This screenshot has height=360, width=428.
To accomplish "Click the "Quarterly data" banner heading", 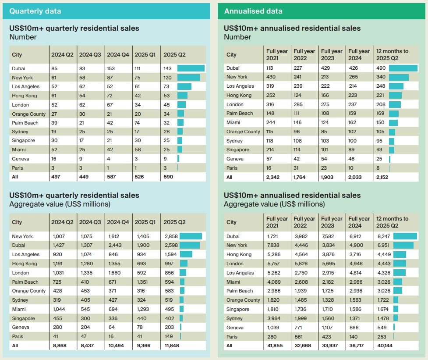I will (x=35, y=11).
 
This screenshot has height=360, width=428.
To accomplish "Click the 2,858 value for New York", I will (x=171, y=236).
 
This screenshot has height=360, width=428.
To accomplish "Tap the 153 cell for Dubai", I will (x=112, y=68).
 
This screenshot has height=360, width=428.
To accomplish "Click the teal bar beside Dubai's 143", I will (x=191, y=68).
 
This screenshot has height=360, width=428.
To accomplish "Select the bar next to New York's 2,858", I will (x=191, y=236).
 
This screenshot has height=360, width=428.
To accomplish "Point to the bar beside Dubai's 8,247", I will (x=405, y=236).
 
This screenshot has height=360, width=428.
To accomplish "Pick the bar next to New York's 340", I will (x=399, y=77).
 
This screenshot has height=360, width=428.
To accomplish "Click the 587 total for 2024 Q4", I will (x=112, y=177).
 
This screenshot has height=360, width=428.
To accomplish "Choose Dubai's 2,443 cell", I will (x=114, y=245).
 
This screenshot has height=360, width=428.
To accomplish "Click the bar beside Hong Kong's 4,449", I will (x=400, y=254).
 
